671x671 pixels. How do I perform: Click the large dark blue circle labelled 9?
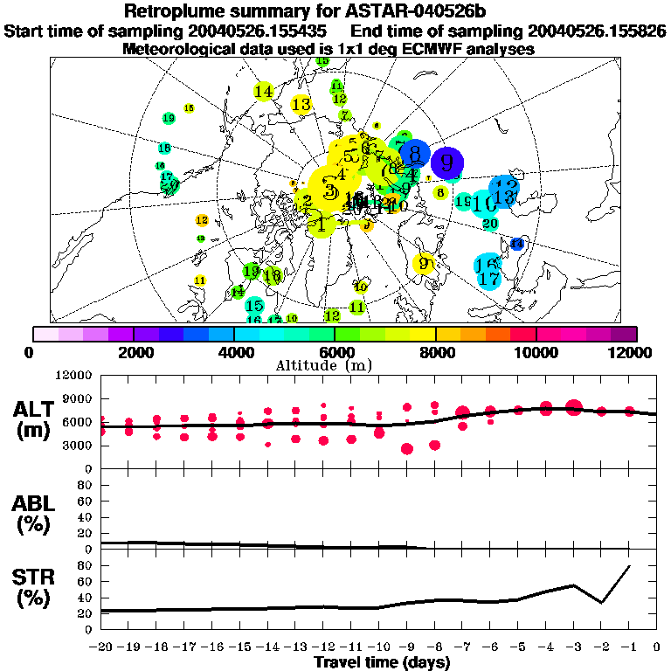coord(446,162)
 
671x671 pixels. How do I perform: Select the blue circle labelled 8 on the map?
coord(414,155)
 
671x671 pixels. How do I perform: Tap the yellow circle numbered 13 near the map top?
coord(301,105)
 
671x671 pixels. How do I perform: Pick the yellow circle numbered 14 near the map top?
coord(263,91)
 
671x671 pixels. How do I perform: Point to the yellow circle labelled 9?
coord(425,263)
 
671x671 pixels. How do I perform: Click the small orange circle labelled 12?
coord(202,220)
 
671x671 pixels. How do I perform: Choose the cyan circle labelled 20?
coord(490,224)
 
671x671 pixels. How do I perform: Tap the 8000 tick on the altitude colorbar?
coord(434,352)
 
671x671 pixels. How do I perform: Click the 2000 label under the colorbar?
coord(132,352)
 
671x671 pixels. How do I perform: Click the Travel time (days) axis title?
coord(382,662)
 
